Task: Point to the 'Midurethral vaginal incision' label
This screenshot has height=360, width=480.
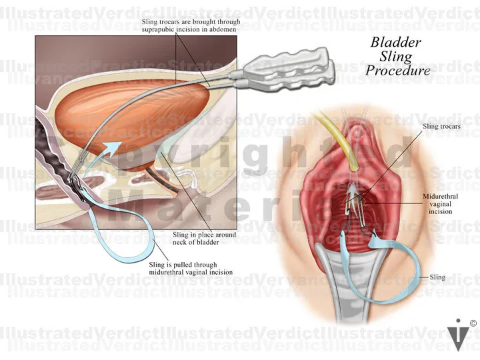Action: (438, 204)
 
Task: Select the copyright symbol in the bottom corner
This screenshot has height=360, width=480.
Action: (473, 324)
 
